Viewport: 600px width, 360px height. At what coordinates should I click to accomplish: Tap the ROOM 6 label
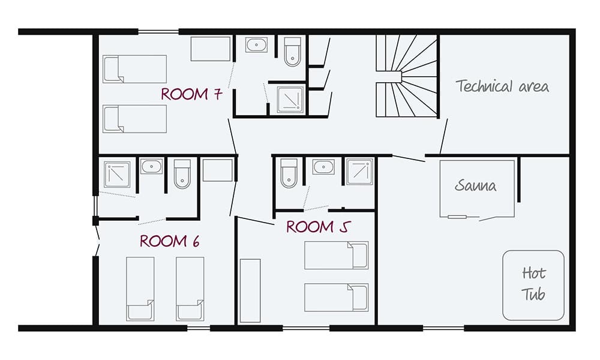pos(169,241)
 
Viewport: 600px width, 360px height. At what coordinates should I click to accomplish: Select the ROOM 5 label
pos(317,227)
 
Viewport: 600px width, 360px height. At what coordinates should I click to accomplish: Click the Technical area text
pos(502,86)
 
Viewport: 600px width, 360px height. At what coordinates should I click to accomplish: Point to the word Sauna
pos(476,185)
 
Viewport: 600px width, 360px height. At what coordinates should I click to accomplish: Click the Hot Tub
pos(533,284)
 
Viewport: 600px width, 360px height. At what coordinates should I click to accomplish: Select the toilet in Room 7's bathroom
pos(292,52)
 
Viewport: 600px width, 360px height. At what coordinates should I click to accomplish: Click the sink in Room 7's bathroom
pos(257,46)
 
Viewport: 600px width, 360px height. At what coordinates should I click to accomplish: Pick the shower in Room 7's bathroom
pos(290,98)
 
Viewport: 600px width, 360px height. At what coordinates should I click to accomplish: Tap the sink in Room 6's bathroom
pos(151,166)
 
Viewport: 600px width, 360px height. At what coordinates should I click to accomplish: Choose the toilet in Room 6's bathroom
pos(182,173)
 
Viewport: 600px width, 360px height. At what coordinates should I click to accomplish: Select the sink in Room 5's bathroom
pos(323,166)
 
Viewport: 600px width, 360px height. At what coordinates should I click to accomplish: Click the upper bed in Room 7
pos(134,68)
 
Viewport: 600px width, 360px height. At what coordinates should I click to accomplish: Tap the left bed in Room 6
pos(140,289)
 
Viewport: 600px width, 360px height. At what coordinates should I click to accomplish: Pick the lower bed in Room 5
pos(335,297)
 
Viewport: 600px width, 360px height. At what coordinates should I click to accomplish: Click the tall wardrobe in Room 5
pos(250,291)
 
